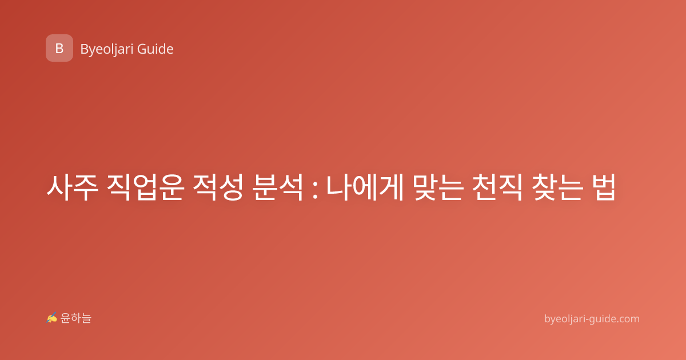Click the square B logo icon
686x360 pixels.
59,48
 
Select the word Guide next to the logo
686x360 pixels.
155,49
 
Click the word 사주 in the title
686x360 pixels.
72,187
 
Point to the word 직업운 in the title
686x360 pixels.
145,187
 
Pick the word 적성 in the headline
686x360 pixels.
218,187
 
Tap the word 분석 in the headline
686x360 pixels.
278,187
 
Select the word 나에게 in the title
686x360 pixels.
365,187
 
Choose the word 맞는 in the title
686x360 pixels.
437,187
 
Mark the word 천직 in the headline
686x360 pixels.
497,187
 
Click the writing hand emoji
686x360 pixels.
52,318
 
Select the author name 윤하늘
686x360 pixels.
75,318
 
